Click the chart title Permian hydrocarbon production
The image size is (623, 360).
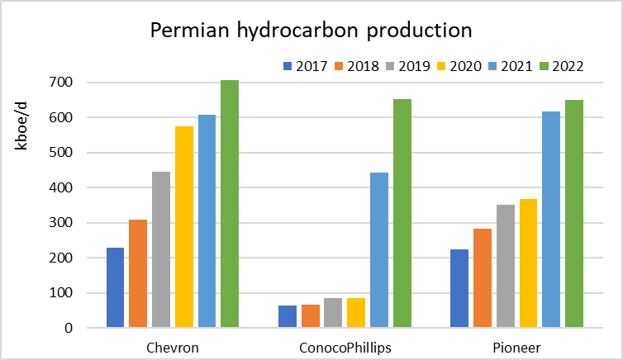pyautogui.click(x=311, y=31)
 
